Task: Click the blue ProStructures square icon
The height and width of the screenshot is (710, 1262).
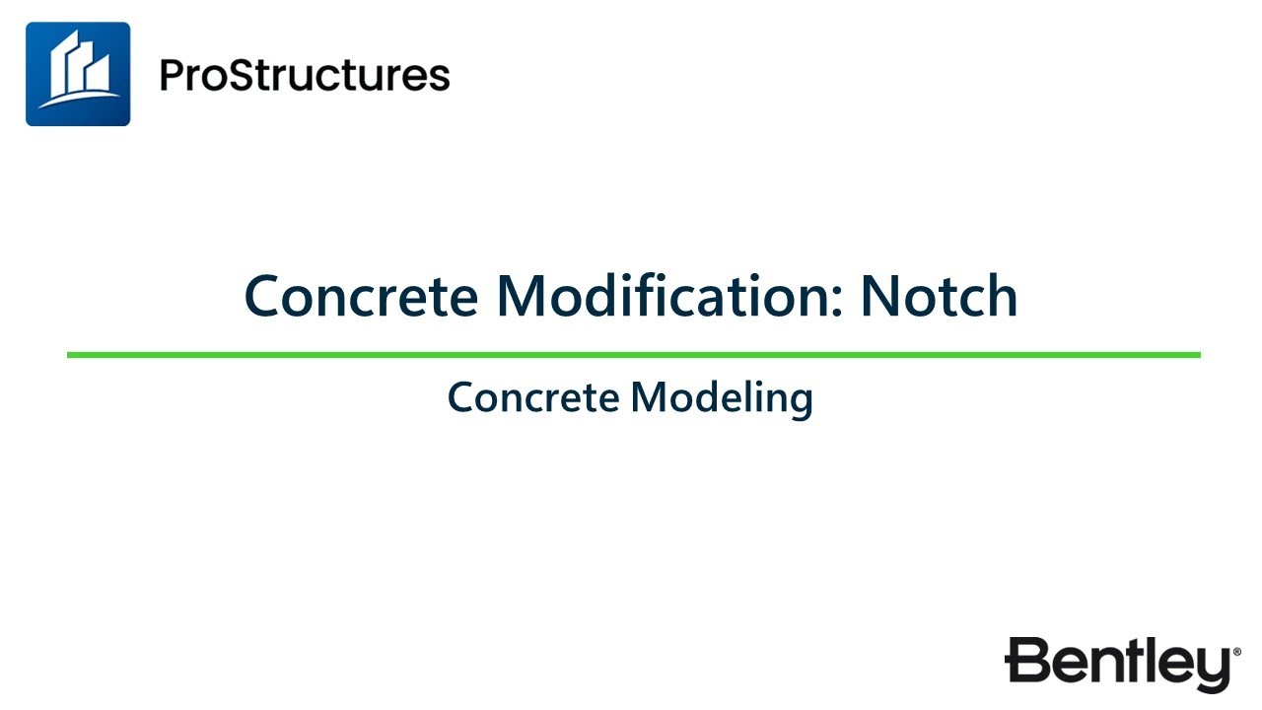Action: pyautogui.click(x=78, y=74)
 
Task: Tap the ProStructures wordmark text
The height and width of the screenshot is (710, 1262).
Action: pyautogui.click(x=305, y=75)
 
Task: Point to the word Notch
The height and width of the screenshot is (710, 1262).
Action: pyautogui.click(x=938, y=295)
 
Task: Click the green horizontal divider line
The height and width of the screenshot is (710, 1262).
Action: pyautogui.click(x=633, y=354)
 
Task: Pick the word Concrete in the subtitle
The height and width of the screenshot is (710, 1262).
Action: pyautogui.click(x=533, y=397)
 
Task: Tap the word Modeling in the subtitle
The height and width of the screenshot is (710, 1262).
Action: pyautogui.click(x=722, y=398)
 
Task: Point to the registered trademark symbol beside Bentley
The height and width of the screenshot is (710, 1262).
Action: pyautogui.click(x=1236, y=652)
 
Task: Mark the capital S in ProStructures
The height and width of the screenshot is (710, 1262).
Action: pyautogui.click(x=246, y=75)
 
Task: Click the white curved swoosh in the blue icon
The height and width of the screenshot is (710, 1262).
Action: pyautogui.click(x=78, y=100)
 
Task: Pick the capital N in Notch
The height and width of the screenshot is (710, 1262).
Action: pyautogui.click(x=880, y=295)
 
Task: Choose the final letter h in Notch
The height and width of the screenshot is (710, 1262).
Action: pyautogui.click(x=1003, y=295)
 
